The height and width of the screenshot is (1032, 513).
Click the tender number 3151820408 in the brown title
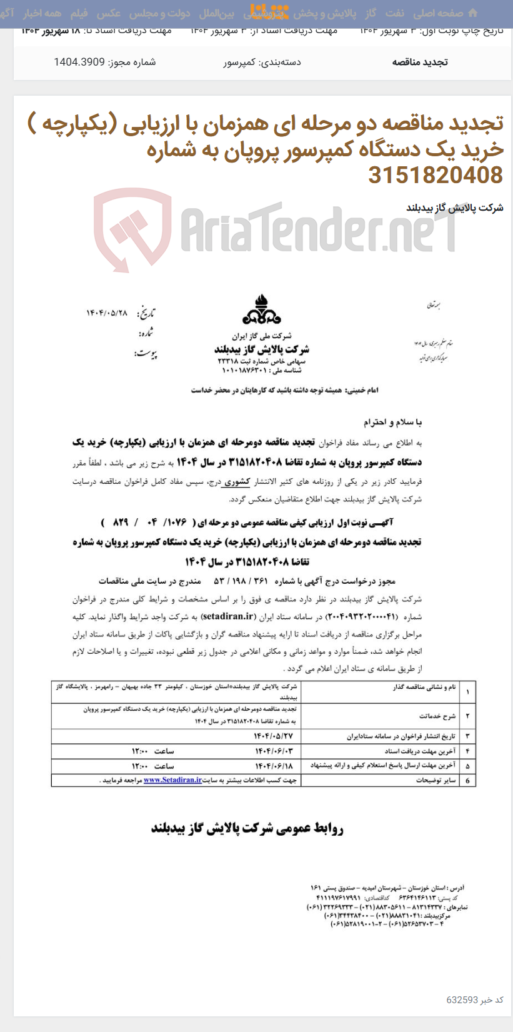(435, 176)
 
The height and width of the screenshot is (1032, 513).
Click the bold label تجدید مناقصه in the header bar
(420, 62)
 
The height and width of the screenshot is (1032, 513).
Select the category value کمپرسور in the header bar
(240, 62)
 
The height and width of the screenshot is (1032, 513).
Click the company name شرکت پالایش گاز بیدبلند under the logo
(262, 349)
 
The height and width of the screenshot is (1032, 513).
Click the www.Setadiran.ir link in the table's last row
(172, 780)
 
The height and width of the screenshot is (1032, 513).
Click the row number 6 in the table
(467, 780)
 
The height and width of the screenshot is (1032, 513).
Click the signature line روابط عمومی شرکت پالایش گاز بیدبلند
(247, 829)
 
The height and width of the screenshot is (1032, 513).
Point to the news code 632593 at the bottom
(462, 999)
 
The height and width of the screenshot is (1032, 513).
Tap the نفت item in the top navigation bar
(394, 13)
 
